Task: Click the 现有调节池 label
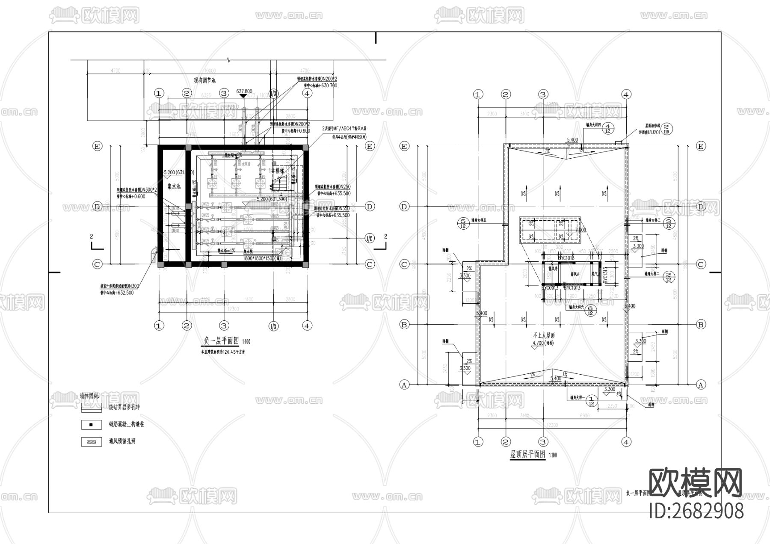[x=204, y=80]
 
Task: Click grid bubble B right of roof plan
[x=701, y=325]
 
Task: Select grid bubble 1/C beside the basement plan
[x=370, y=238]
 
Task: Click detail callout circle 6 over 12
[x=590, y=310]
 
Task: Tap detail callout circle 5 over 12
[x=463, y=223]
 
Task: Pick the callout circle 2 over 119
[x=668, y=129]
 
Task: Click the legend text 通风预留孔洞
[x=122, y=441]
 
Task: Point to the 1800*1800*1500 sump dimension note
[x=262, y=259]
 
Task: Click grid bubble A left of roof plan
[x=404, y=384]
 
